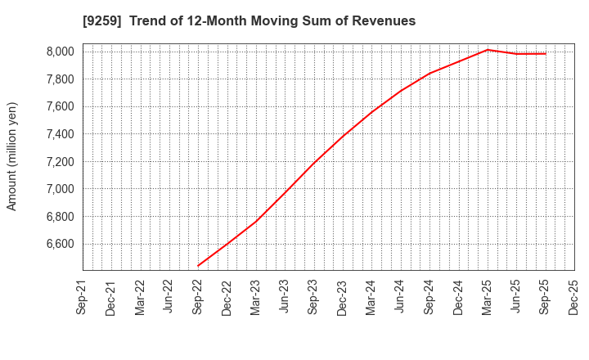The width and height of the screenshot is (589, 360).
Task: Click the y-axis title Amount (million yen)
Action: click(x=12, y=156)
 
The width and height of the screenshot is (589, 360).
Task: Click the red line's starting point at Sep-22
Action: click(x=198, y=266)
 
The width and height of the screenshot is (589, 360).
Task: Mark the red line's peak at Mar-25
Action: click(x=488, y=49)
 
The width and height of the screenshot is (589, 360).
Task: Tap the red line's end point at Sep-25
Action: click(x=546, y=53)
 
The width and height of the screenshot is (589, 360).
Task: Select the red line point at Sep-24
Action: click(x=429, y=73)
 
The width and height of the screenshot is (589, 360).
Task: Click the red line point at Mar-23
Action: click(x=256, y=221)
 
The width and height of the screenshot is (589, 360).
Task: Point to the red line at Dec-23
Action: click(x=343, y=136)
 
